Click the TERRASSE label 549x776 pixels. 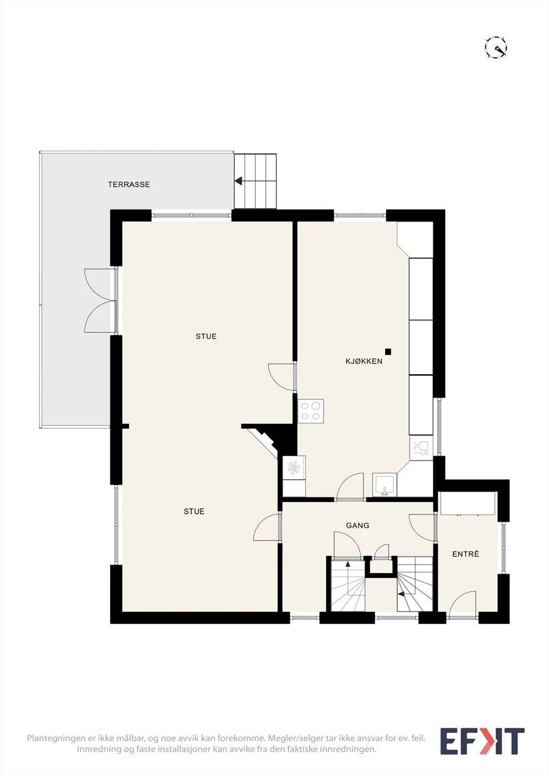click(x=129, y=184)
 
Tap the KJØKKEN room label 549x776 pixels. click(x=364, y=361)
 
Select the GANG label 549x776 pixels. click(x=358, y=526)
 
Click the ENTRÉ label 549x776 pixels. click(x=466, y=554)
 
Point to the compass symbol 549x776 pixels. click(x=496, y=47)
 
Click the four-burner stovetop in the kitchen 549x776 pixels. click(x=310, y=411)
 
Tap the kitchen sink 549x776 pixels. click(x=384, y=485)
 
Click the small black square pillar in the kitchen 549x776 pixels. click(x=388, y=352)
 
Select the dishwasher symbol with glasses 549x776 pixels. click(x=421, y=448)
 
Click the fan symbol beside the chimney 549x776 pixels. click(x=294, y=468)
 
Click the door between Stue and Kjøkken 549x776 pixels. click(x=282, y=377)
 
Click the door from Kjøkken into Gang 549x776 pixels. click(x=350, y=486)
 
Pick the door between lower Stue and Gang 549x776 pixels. click(x=267, y=527)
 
